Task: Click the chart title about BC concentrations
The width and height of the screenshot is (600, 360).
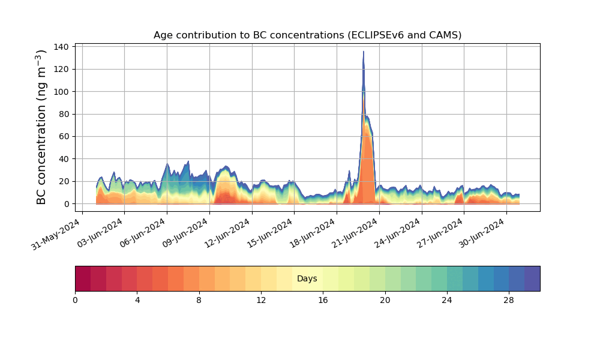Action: tap(307, 35)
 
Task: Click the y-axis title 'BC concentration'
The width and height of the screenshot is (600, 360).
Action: tap(41, 127)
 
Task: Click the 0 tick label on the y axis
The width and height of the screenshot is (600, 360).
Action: tap(67, 204)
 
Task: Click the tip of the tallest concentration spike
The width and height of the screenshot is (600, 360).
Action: tap(363, 52)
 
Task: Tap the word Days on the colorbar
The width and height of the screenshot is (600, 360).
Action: tap(307, 279)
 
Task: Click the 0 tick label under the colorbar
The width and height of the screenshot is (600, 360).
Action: tap(75, 300)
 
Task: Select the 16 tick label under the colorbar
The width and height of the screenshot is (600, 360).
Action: tap(323, 300)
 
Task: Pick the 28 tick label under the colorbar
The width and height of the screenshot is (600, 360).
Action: tap(509, 300)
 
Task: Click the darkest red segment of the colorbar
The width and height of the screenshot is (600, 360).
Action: tap(83, 278)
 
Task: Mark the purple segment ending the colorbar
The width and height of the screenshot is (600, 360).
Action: tap(532, 278)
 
